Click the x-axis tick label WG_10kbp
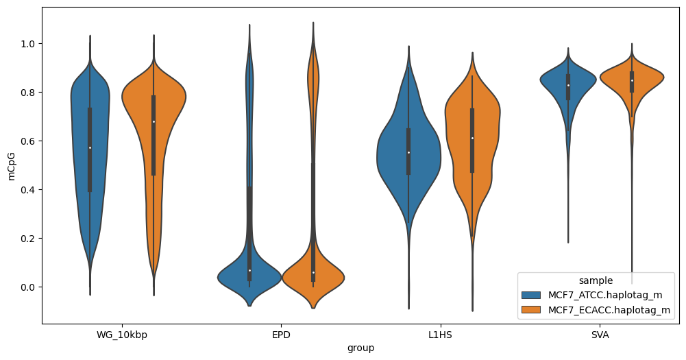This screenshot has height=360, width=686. coord(121,335)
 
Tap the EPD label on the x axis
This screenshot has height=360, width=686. coord(281,335)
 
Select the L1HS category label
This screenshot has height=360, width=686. coord(440,335)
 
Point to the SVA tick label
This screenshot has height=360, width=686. coord(600,335)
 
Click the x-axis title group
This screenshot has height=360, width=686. coord(360,348)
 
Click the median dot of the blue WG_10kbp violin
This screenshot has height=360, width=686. coord(90,147)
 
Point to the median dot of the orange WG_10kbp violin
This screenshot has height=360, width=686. coord(154,122)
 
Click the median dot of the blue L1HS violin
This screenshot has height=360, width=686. coord(408,152)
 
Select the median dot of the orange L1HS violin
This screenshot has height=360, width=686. coord(472,139)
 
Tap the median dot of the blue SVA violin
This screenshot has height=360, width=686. coord(568,85)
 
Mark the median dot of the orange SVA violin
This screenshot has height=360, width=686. coord(632,80)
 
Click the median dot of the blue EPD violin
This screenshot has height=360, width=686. coord(249,271)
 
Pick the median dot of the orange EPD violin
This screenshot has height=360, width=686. coord(313,273)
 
